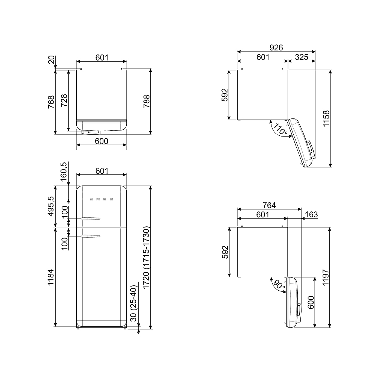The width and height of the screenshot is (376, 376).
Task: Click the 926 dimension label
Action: coord(276,47)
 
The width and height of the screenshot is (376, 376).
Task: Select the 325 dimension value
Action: coord(302,57)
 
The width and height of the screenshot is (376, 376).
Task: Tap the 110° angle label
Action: coord(280,129)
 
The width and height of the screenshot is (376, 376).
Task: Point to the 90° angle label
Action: coord(279,285)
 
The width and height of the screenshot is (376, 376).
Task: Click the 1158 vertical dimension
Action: coord(326,118)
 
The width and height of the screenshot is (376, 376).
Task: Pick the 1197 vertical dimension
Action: coord(325,277)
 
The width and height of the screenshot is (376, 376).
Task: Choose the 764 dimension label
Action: coord(269,205)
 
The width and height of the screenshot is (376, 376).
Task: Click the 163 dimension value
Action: coord(311,214)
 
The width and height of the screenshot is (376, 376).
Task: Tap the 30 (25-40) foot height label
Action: coord(133,303)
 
